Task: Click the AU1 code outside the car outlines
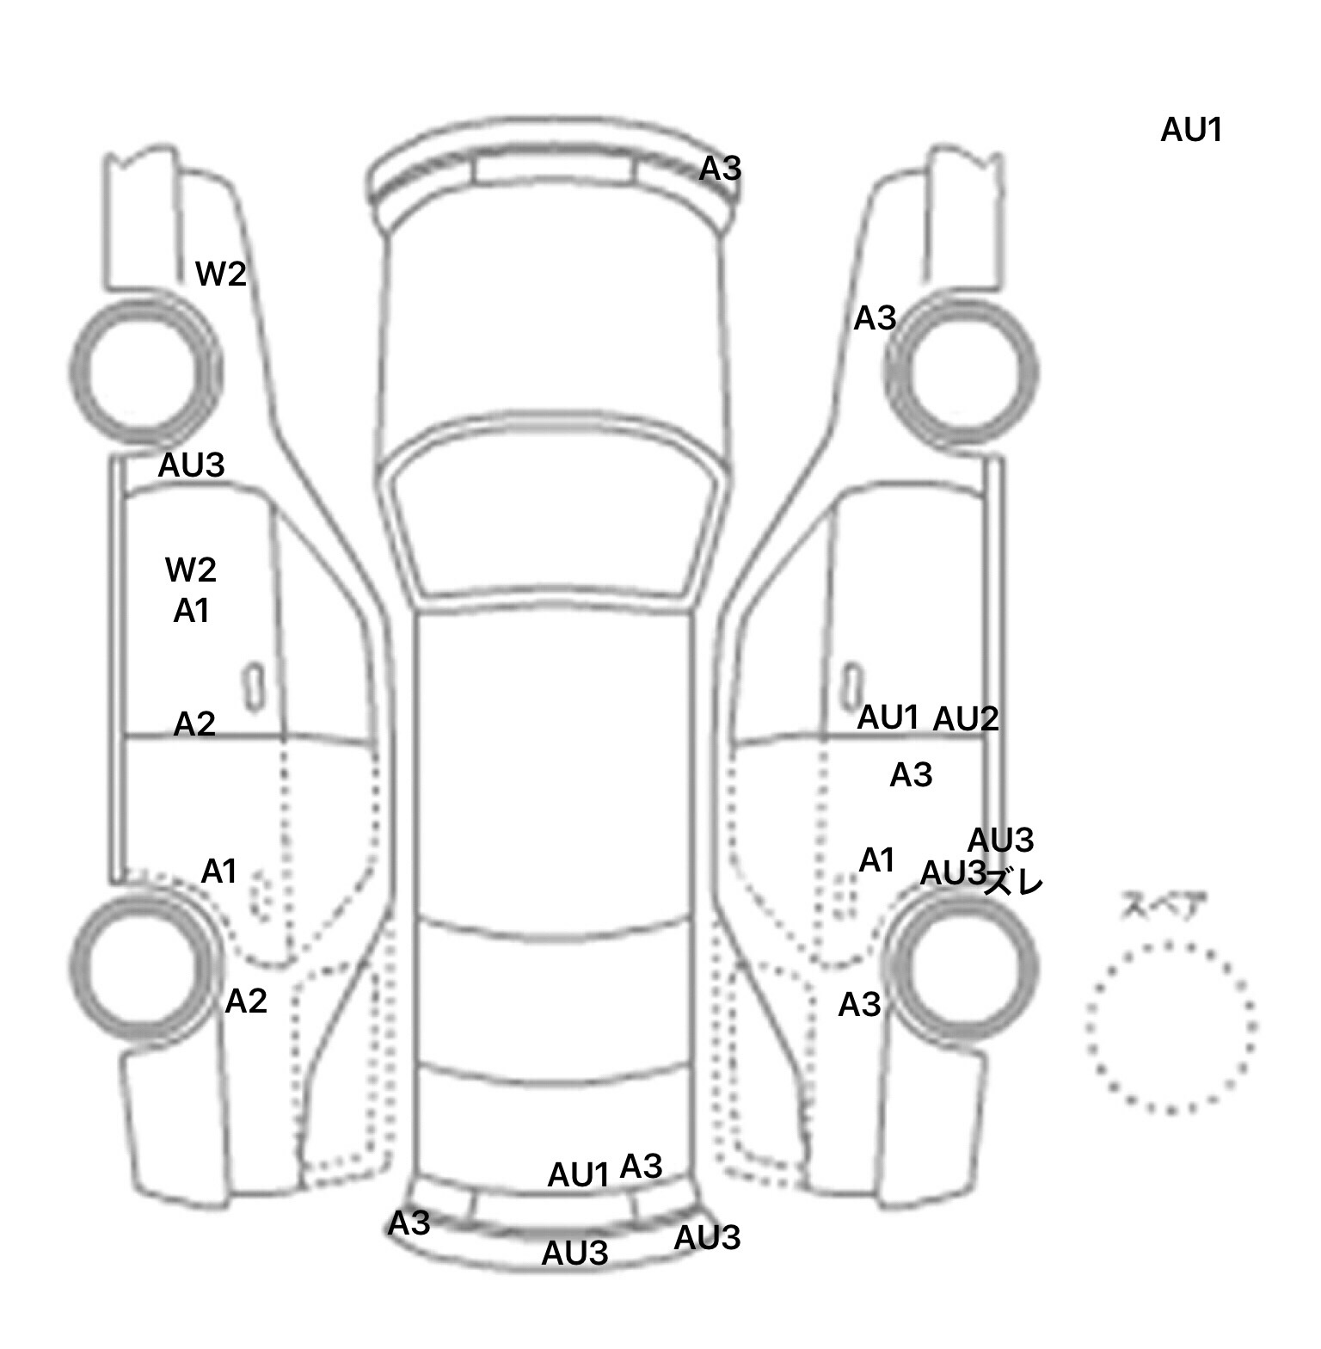click(1191, 130)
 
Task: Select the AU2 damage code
click(966, 718)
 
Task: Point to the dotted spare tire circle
click(1171, 1026)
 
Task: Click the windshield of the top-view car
click(555, 516)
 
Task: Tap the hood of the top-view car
click(555, 327)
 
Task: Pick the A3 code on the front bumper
click(720, 169)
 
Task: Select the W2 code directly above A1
click(190, 570)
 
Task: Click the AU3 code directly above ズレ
click(1000, 840)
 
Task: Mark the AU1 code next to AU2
click(888, 717)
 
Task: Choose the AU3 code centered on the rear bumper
click(574, 1254)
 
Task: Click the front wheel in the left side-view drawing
click(144, 370)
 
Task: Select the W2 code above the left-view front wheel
click(221, 274)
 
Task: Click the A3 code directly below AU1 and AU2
click(911, 775)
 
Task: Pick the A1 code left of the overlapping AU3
click(877, 859)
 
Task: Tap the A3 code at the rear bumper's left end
click(409, 1223)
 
